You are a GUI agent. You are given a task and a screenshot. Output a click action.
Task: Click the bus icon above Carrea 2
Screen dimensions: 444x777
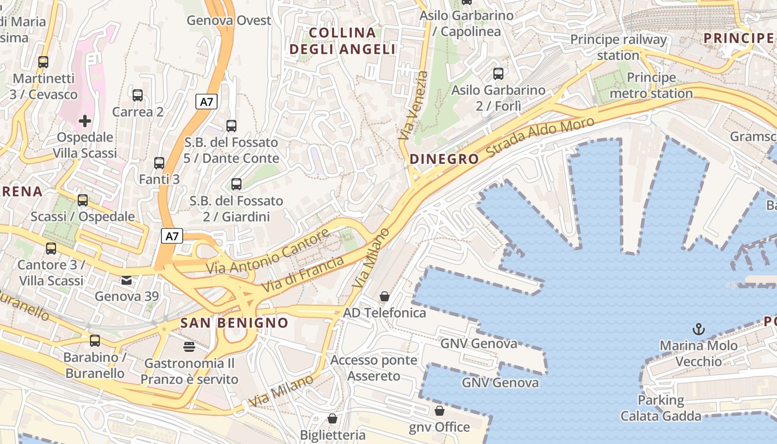(x=138, y=95)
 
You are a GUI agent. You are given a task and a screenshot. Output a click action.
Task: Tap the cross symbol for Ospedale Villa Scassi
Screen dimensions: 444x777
(x=85, y=120)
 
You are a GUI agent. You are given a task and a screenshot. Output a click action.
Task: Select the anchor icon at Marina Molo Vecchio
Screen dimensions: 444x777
(x=699, y=329)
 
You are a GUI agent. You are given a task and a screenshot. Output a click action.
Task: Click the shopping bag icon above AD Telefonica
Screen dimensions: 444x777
(x=384, y=296)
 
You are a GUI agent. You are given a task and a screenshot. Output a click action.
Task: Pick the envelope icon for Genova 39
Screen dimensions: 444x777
(x=127, y=280)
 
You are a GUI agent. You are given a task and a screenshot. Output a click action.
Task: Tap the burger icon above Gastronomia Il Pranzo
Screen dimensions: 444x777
(x=189, y=347)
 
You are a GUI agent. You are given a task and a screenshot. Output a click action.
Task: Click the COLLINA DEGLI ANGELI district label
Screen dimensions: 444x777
(x=342, y=41)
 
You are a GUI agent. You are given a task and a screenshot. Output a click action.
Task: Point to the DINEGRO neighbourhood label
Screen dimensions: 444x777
(x=444, y=159)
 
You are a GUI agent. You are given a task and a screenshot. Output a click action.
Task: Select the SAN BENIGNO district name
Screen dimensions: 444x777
(x=234, y=323)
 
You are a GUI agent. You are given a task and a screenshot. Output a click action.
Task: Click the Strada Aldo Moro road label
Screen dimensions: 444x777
(x=541, y=137)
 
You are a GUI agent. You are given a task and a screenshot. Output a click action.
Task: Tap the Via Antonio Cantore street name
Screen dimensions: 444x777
(x=268, y=253)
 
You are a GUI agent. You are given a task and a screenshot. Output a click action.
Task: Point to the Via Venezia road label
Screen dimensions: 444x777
(x=413, y=105)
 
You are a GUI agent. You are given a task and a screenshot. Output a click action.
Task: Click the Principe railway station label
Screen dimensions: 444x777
(x=618, y=47)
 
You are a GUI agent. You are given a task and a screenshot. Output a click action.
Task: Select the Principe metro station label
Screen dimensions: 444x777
(x=651, y=85)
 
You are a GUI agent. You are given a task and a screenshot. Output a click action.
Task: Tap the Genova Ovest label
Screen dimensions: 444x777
(x=229, y=21)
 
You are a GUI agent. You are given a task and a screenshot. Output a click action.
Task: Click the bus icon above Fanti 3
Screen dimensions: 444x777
(x=159, y=163)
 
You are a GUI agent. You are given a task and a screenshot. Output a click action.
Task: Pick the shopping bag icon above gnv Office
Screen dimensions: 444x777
(x=439, y=411)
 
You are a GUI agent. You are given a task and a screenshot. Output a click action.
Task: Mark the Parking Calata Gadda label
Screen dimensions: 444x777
(x=660, y=408)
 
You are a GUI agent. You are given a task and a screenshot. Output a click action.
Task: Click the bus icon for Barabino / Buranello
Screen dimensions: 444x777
(x=95, y=340)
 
